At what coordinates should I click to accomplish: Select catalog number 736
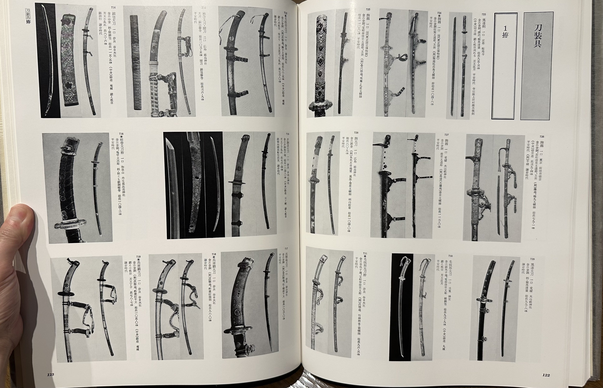coord(121,134)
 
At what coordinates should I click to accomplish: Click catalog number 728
coord(356,133)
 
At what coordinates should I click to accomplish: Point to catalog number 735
coord(288,134)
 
